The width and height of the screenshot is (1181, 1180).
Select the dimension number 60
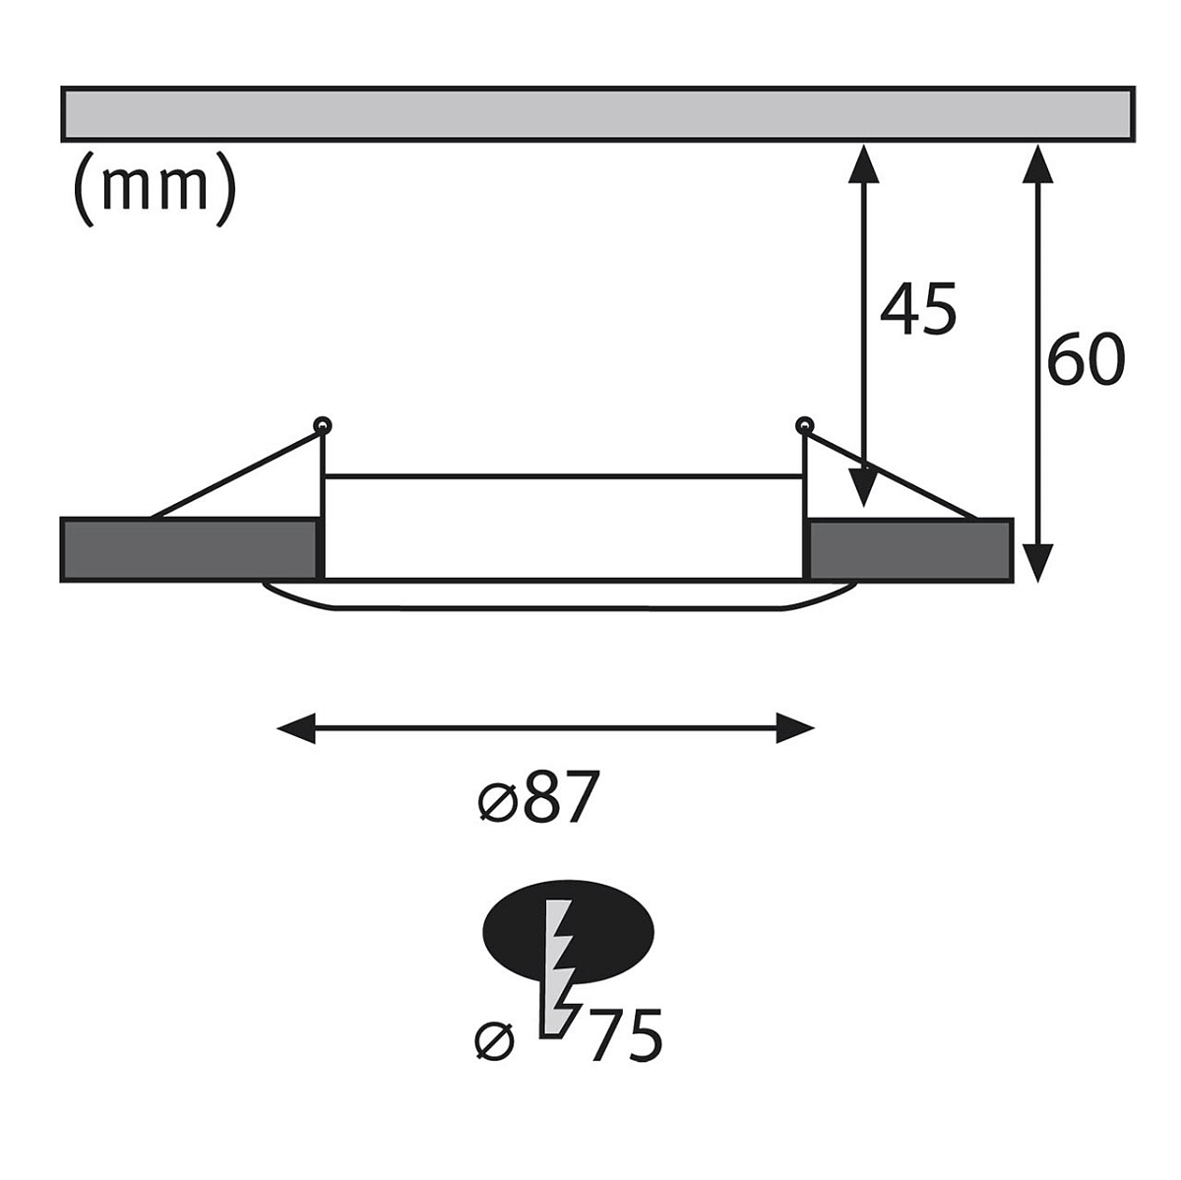point(1087,359)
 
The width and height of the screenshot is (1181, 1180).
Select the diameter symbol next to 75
point(494,1041)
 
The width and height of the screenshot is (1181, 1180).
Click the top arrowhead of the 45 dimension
point(863,164)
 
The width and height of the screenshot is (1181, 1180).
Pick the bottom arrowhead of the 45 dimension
point(863,487)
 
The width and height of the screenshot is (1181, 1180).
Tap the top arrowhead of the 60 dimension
point(1037,164)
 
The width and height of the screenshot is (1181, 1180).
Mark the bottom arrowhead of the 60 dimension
point(1037,563)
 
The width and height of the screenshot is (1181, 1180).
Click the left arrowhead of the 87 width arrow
point(296,728)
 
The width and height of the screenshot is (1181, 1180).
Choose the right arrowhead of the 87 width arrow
point(795,728)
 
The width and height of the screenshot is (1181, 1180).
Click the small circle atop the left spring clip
point(323,425)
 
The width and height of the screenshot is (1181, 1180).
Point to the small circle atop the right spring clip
point(804,425)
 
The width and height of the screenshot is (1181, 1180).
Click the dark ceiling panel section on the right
point(910,550)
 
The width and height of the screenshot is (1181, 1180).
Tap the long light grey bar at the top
point(597,114)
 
